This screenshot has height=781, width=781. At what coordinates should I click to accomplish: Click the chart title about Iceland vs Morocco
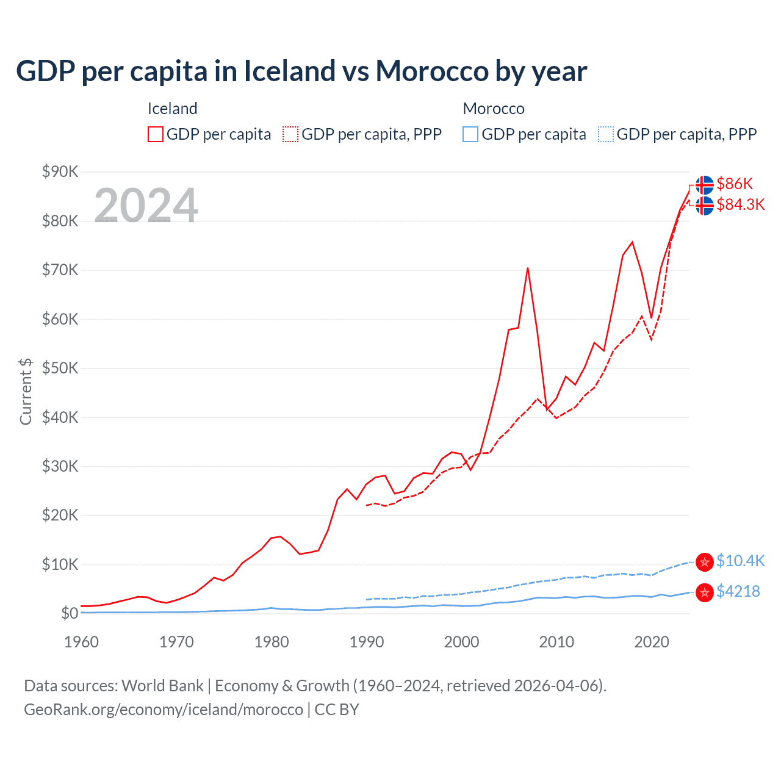tap(301, 71)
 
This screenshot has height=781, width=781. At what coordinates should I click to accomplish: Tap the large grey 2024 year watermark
tap(146, 206)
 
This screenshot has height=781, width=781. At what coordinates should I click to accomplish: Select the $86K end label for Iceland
tap(735, 184)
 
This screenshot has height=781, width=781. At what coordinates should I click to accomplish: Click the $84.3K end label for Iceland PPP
tap(740, 204)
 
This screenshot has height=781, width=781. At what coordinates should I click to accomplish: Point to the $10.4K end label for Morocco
tap(740, 561)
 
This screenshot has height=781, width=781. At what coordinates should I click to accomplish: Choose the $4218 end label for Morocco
tap(738, 591)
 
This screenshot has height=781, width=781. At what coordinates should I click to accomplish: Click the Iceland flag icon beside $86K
tap(705, 184)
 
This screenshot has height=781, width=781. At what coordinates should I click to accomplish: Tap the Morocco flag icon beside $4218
tap(705, 592)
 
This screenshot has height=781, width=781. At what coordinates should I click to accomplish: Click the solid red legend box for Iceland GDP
tap(156, 134)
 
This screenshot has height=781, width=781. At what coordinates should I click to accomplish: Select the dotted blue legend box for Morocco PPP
tap(606, 134)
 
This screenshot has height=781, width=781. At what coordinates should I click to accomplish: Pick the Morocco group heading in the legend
tap(494, 109)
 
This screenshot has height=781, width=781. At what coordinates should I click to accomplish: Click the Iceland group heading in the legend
tap(172, 109)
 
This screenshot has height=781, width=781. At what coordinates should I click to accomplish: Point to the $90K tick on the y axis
tap(60, 171)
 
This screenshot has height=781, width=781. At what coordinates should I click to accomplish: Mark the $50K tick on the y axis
tap(60, 368)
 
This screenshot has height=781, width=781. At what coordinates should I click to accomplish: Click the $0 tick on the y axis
tap(69, 613)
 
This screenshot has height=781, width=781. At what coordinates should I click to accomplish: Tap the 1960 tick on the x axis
tap(81, 642)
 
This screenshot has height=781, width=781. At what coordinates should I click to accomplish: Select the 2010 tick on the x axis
tap(556, 642)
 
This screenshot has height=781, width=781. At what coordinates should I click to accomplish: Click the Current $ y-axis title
tap(26, 392)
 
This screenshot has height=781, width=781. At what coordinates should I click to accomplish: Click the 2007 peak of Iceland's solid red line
tap(527, 268)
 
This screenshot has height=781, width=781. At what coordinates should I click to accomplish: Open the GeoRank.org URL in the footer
tap(164, 710)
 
